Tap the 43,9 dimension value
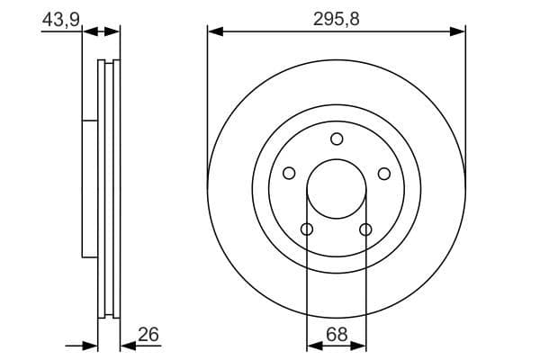coord(58,19)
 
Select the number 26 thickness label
coord(148,334)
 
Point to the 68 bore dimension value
coord(336,334)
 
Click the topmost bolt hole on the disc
coord(337,139)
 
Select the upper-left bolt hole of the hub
coord(289,174)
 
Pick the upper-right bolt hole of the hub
coord(384,174)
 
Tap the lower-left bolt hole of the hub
coord(307,229)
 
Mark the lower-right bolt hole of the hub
coord(365,229)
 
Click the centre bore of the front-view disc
coord(337,189)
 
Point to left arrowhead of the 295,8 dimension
coord(214,31)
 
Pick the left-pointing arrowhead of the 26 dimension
coord(126,345)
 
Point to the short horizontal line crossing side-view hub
coord(89,120)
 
